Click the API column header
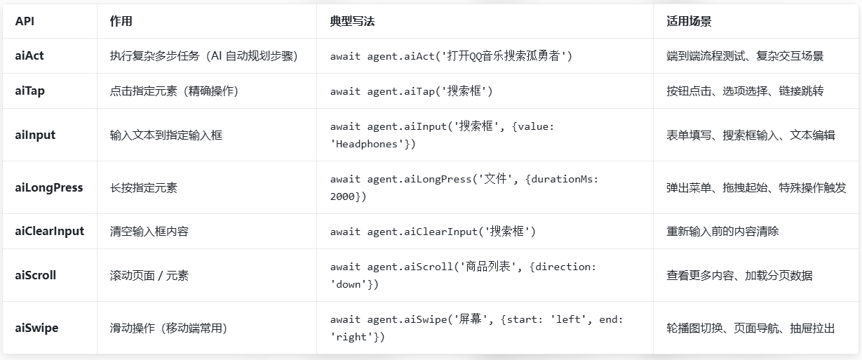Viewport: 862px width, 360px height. [25, 21]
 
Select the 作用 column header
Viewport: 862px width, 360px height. [121, 21]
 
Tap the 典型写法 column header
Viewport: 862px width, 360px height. [352, 21]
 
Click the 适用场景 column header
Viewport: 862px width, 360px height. [689, 21]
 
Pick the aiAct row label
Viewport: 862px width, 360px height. [29, 56]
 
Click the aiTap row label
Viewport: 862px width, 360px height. [30, 91]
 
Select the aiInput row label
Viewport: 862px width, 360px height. [35, 135]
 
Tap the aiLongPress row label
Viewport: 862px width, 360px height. [49, 187]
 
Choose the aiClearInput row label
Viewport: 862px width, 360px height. [49, 231]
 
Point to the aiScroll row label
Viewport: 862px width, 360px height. [35, 275]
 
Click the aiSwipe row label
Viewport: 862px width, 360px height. [36, 328]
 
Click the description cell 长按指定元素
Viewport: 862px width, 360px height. [144, 188]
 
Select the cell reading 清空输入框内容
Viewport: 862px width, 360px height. [149, 232]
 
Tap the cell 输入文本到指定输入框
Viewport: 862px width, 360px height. [166, 135]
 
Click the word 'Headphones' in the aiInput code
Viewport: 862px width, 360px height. [367, 144]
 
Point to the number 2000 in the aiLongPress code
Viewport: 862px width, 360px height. [343, 196]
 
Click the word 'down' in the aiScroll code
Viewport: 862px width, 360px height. [349, 284]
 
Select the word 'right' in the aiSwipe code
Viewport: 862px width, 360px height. [351, 337]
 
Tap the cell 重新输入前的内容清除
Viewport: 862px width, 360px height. [722, 232]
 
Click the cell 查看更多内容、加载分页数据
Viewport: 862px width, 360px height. [739, 276]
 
